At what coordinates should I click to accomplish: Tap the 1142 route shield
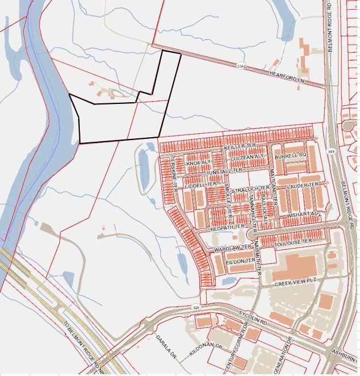241,67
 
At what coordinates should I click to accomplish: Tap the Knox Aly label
199,163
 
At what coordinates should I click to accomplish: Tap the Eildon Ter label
240,261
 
